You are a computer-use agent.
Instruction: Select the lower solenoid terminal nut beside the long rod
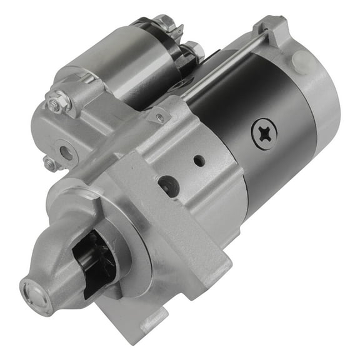click(x=192, y=50)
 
